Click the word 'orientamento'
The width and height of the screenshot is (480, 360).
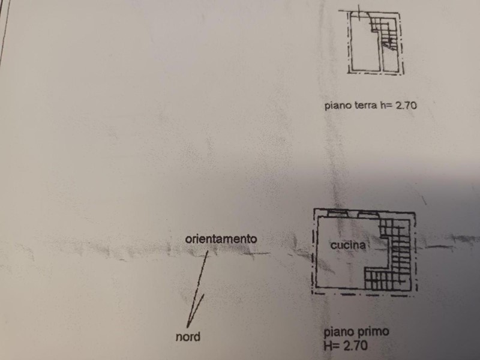[221, 239]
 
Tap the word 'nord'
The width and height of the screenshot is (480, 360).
[188, 337]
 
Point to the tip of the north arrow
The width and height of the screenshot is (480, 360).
[187, 328]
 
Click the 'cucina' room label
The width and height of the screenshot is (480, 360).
[348, 245]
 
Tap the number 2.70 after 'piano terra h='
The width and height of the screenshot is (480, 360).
[406, 106]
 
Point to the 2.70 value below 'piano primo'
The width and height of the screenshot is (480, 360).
[355, 346]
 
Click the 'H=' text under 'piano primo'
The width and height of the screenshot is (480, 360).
[332, 346]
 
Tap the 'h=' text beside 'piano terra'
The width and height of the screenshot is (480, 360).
[386, 106]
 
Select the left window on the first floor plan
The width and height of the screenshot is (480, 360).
[338, 214]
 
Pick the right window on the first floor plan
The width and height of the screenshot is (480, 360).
[368, 214]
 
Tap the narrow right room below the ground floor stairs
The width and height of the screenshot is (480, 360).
[390, 60]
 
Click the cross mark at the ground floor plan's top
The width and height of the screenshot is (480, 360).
[358, 11]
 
